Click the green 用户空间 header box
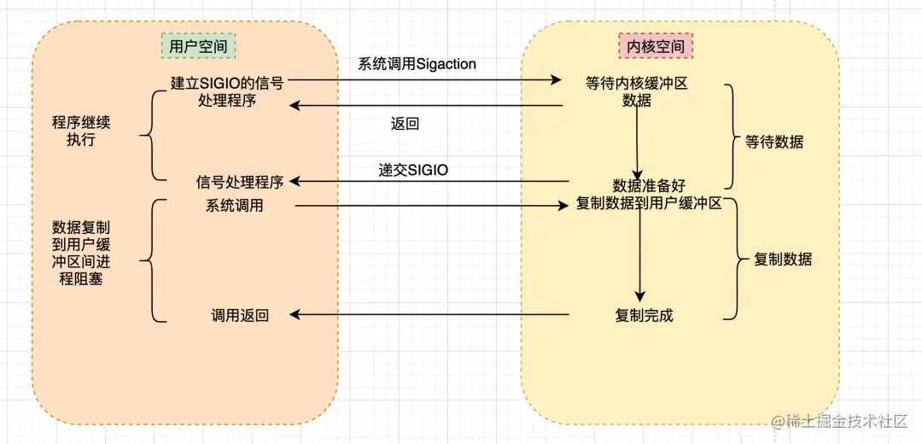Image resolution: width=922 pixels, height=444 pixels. click(x=199, y=46)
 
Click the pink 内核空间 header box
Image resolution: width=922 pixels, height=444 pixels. click(x=655, y=46)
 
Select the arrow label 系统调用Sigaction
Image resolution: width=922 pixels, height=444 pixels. click(x=417, y=64)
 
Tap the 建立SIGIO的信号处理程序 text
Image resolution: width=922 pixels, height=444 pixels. click(x=227, y=91)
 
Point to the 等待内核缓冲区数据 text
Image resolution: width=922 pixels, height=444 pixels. click(x=637, y=91)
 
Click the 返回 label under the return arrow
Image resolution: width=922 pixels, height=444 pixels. click(x=405, y=124)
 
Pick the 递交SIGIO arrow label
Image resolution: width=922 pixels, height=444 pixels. click(x=413, y=170)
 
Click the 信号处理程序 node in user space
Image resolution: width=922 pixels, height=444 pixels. click(x=240, y=182)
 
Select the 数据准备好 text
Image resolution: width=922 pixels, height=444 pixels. click(x=649, y=186)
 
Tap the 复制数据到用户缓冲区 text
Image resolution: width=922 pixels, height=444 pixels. click(x=650, y=205)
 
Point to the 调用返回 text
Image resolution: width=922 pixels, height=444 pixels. click(x=240, y=316)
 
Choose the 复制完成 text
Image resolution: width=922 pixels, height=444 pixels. click(x=644, y=316)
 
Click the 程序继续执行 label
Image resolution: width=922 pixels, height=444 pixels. click(x=81, y=131)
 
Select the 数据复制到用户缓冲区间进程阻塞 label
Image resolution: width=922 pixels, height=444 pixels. click(x=81, y=253)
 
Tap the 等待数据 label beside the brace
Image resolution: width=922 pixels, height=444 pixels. click(x=774, y=143)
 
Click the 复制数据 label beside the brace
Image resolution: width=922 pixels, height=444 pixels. click(x=783, y=260)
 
